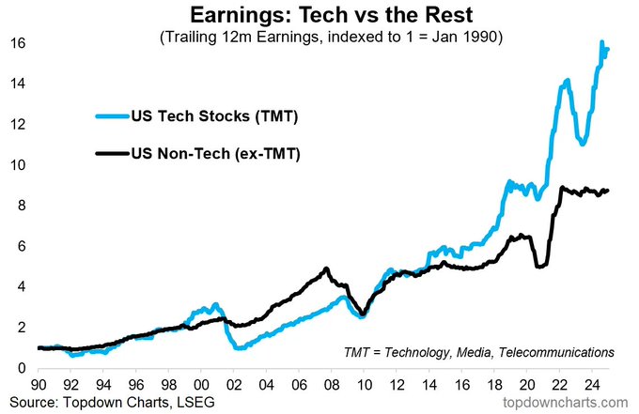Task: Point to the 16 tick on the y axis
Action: click(x=17, y=43)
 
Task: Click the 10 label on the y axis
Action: click(x=17, y=165)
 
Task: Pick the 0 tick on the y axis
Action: click(x=21, y=368)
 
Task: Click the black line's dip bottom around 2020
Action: click(x=538, y=267)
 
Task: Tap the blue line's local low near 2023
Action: click(x=583, y=144)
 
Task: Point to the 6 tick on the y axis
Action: click(x=21, y=246)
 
